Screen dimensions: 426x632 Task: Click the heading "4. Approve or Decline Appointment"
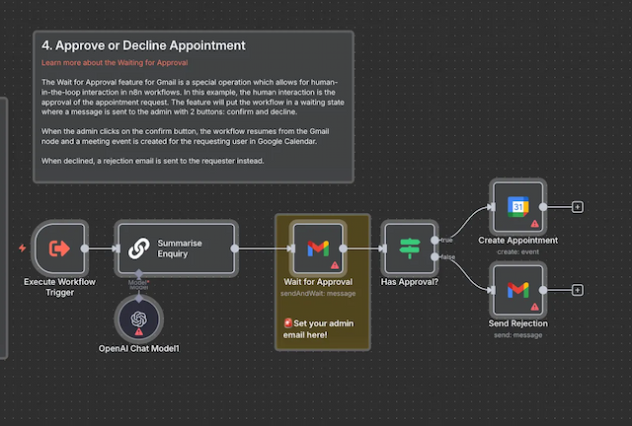pyautogui.click(x=144, y=45)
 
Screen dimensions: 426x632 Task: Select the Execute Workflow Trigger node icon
pyautogui.click(x=59, y=248)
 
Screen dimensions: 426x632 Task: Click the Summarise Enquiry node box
pyautogui.click(x=178, y=248)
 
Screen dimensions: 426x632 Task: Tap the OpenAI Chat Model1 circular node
pyautogui.click(x=138, y=318)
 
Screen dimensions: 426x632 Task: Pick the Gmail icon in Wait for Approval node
pyautogui.click(x=317, y=248)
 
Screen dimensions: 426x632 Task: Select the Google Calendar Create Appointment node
pyautogui.click(x=517, y=207)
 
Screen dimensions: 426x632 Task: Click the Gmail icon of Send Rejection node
pyautogui.click(x=517, y=290)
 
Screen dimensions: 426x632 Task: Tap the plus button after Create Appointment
pyautogui.click(x=578, y=207)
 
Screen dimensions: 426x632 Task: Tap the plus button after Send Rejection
pyautogui.click(x=578, y=290)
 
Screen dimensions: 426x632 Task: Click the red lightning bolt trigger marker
pyautogui.click(x=23, y=248)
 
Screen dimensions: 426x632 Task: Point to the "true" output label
pyautogui.click(x=447, y=238)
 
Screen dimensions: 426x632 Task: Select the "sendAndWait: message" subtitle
pyautogui.click(x=317, y=292)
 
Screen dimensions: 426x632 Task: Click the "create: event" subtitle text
pyautogui.click(x=517, y=250)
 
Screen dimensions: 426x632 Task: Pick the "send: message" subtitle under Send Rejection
pyautogui.click(x=517, y=334)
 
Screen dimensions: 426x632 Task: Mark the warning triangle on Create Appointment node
pyautogui.click(x=534, y=224)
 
